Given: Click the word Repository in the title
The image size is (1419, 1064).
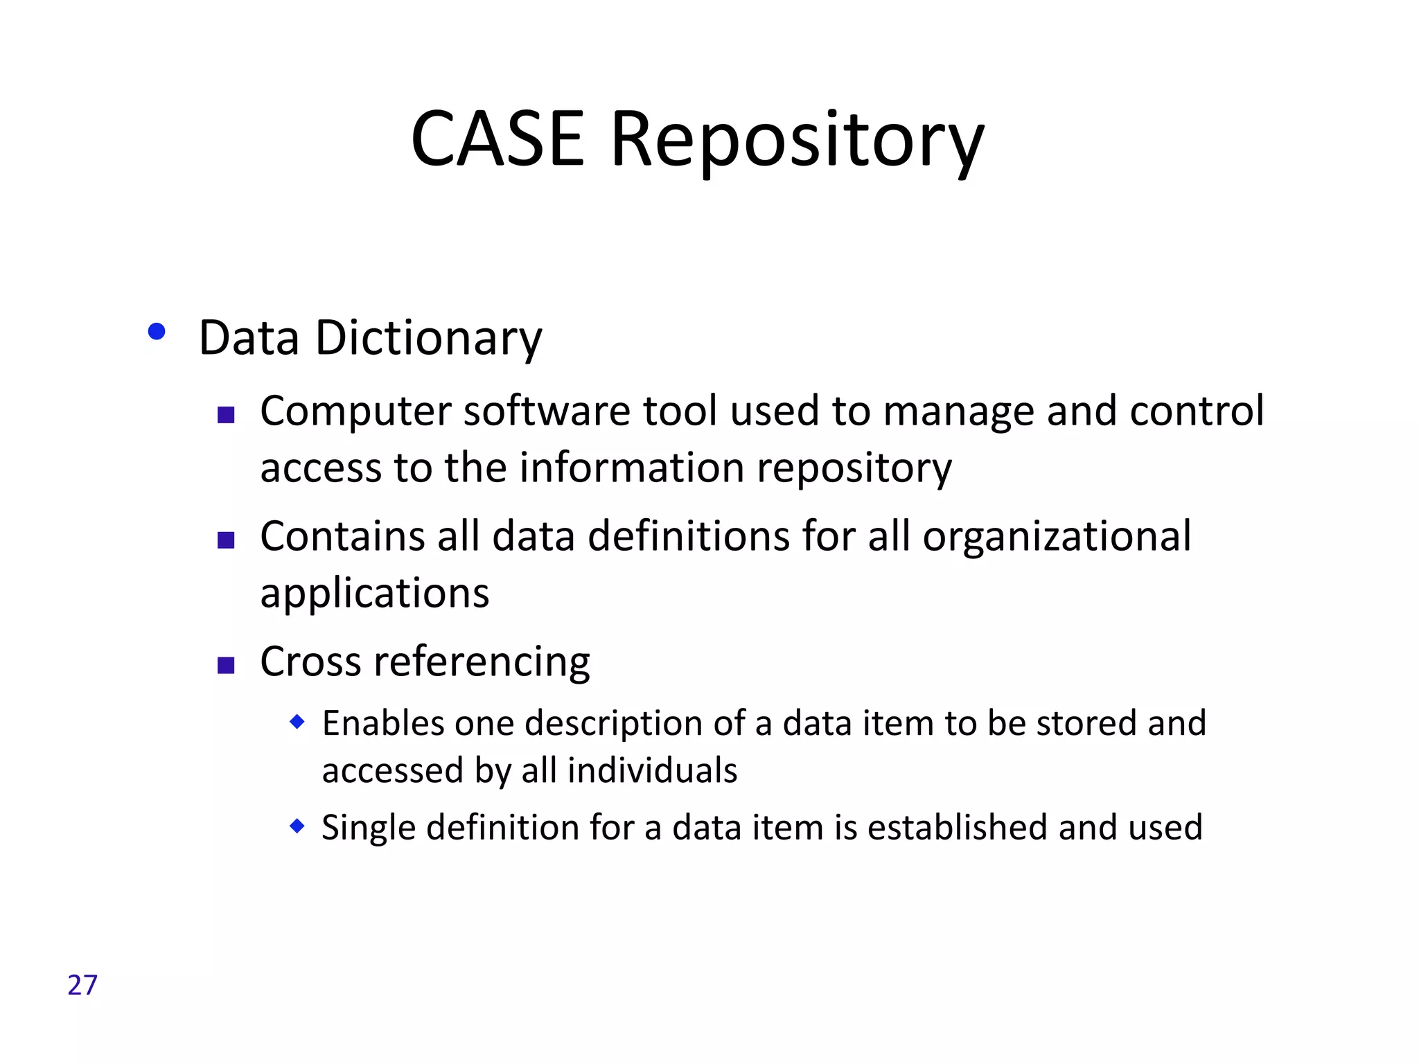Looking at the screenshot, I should point(797,142).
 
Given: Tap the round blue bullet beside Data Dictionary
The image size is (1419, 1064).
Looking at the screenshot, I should point(157,332).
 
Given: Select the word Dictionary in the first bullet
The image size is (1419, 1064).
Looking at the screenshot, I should point(428,339).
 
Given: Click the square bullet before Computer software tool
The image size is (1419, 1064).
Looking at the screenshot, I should point(226,415).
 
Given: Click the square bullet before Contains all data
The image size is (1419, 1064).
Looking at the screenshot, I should point(226,540).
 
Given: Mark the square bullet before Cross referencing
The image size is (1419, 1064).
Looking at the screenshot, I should point(226,666).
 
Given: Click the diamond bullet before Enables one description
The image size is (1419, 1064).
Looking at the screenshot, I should point(297,722).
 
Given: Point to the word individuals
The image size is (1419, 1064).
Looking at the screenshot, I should point(652,771).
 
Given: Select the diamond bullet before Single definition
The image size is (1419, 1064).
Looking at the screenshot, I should point(297,826).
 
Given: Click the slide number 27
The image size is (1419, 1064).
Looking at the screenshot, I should point(82,985).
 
